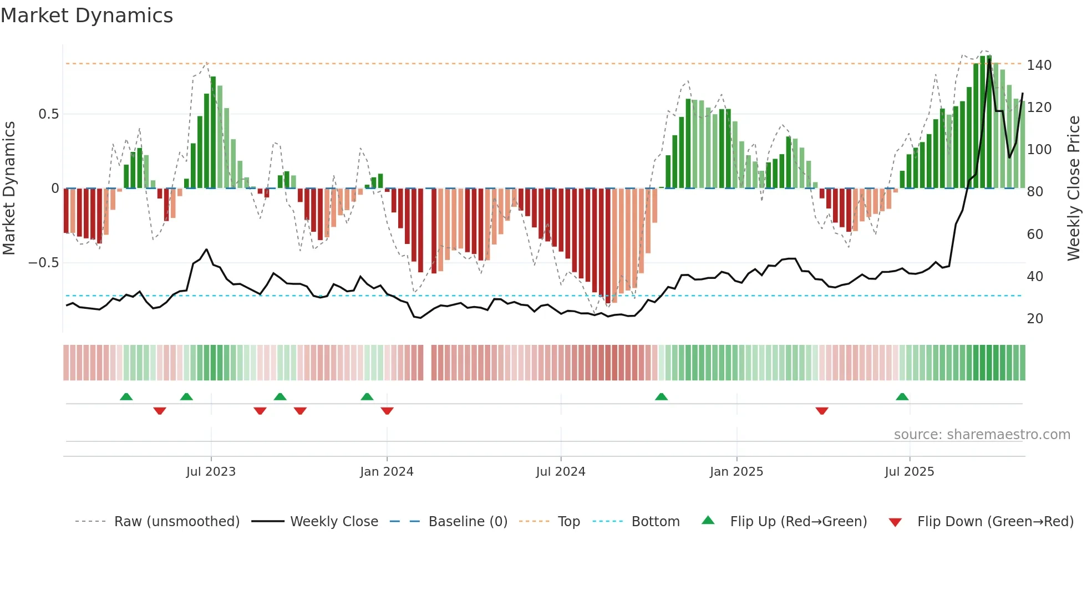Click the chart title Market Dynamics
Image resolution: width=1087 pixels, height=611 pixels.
pyautogui.click(x=87, y=16)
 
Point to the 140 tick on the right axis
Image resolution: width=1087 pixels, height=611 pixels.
pyautogui.click(x=1039, y=65)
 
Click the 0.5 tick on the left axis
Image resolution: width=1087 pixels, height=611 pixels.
pyautogui.click(x=48, y=114)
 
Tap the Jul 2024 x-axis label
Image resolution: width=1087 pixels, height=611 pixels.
pyautogui.click(x=560, y=472)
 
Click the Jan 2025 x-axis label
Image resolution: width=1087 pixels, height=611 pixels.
pyautogui.click(x=736, y=472)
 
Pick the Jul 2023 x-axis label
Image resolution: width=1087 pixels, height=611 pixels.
pyautogui.click(x=211, y=472)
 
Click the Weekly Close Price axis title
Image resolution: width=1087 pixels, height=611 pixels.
pyautogui.click(x=1074, y=189)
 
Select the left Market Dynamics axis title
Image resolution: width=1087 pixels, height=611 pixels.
pyautogui.click(x=9, y=189)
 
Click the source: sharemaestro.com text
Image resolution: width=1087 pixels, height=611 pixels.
pyautogui.click(x=982, y=435)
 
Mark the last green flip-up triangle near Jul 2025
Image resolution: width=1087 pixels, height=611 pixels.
pyautogui.click(x=902, y=397)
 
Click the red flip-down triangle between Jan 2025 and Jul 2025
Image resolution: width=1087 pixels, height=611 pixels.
pyautogui.click(x=822, y=411)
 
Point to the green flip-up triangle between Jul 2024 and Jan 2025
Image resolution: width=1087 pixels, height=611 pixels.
pyautogui.click(x=661, y=397)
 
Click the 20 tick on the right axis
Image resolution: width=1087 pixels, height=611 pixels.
pyautogui.click(x=1035, y=319)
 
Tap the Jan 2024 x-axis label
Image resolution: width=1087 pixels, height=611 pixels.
pyautogui.click(x=387, y=472)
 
